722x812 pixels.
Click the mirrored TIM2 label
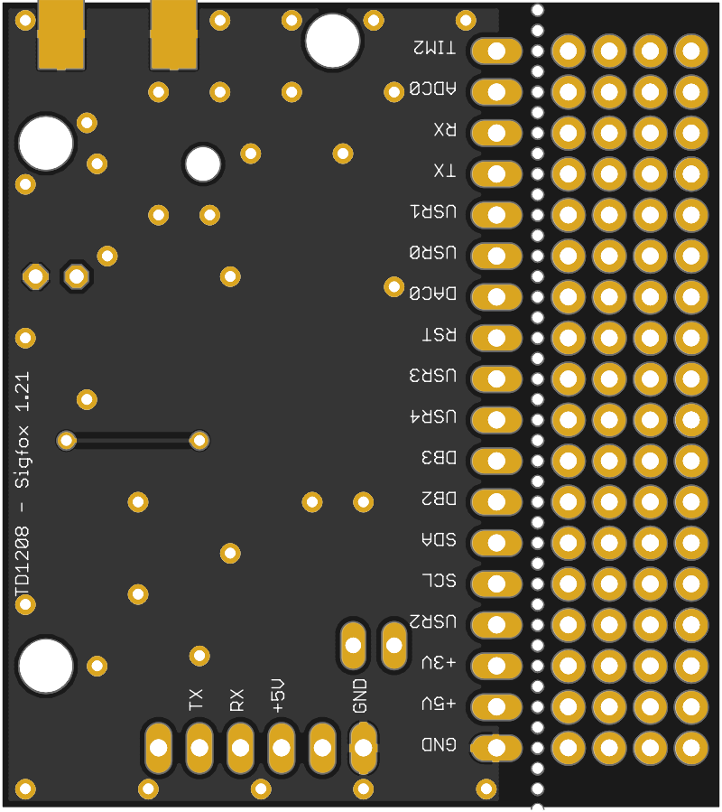click(435, 48)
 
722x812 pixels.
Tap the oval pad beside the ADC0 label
click(496, 92)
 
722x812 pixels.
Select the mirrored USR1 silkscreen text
click(433, 211)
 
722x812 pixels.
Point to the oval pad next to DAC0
click(496, 297)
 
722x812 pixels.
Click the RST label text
click(440, 334)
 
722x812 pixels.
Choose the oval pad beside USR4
click(496, 420)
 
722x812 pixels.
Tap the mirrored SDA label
click(440, 539)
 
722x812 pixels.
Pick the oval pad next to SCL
click(496, 583)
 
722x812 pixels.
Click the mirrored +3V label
click(440, 662)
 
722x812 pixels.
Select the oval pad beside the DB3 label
click(496, 461)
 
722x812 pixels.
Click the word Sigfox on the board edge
click(23, 457)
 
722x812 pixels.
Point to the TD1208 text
click(23, 563)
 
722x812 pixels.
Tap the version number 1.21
click(23, 392)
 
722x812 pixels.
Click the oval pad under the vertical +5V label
click(281, 748)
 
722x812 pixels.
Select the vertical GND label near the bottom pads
click(360, 695)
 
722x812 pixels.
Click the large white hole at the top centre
click(332, 41)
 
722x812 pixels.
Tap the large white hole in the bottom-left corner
click(45, 666)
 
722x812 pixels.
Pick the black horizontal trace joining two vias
click(133, 441)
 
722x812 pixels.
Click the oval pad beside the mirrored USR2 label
click(496, 624)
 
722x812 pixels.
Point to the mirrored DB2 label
click(440, 499)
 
